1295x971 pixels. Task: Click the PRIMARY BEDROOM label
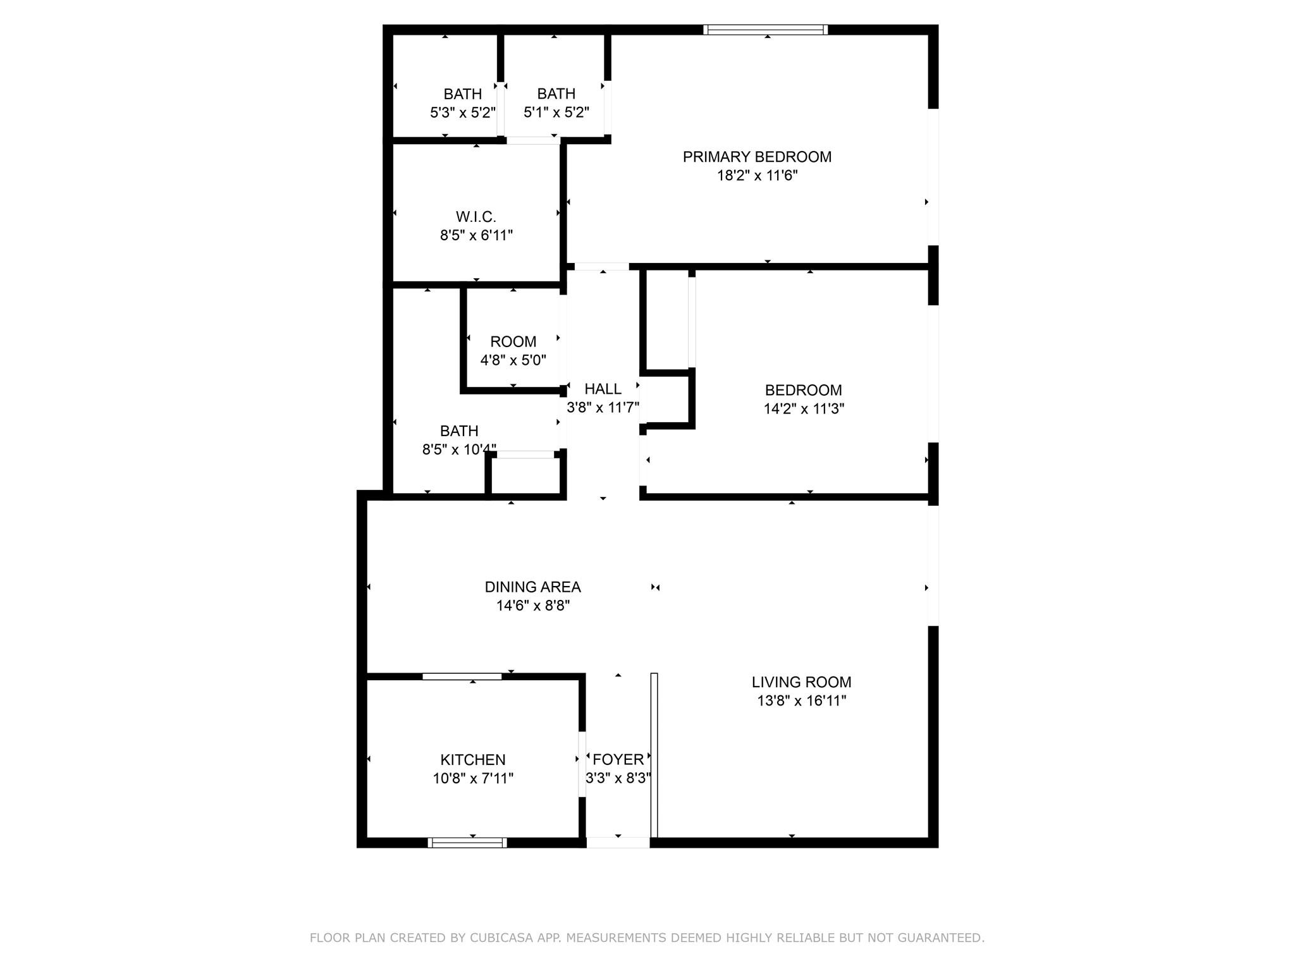tap(757, 157)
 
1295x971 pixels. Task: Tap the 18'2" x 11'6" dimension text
tap(757, 175)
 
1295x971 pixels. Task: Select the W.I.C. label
tap(476, 217)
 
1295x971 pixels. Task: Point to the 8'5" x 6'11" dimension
tap(476, 235)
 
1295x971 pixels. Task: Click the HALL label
tap(603, 389)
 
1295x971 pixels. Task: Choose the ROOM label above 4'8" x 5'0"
tap(513, 342)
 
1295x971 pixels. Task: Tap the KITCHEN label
tap(473, 760)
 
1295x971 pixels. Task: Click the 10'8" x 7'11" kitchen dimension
tap(473, 778)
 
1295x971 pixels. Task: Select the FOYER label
tap(618, 759)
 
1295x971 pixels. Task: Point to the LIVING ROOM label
tap(802, 682)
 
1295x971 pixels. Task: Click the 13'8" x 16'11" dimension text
tap(802, 700)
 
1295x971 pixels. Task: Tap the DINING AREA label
tap(533, 587)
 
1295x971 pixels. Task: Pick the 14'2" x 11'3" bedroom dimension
tap(804, 408)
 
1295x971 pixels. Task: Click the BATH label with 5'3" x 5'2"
tap(463, 94)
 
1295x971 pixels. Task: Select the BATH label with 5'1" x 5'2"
tap(556, 94)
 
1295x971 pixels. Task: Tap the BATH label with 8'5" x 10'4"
tap(459, 431)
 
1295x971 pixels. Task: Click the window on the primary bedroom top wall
tap(766, 29)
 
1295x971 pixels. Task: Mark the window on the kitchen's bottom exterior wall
tap(467, 842)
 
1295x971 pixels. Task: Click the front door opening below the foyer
tap(618, 842)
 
